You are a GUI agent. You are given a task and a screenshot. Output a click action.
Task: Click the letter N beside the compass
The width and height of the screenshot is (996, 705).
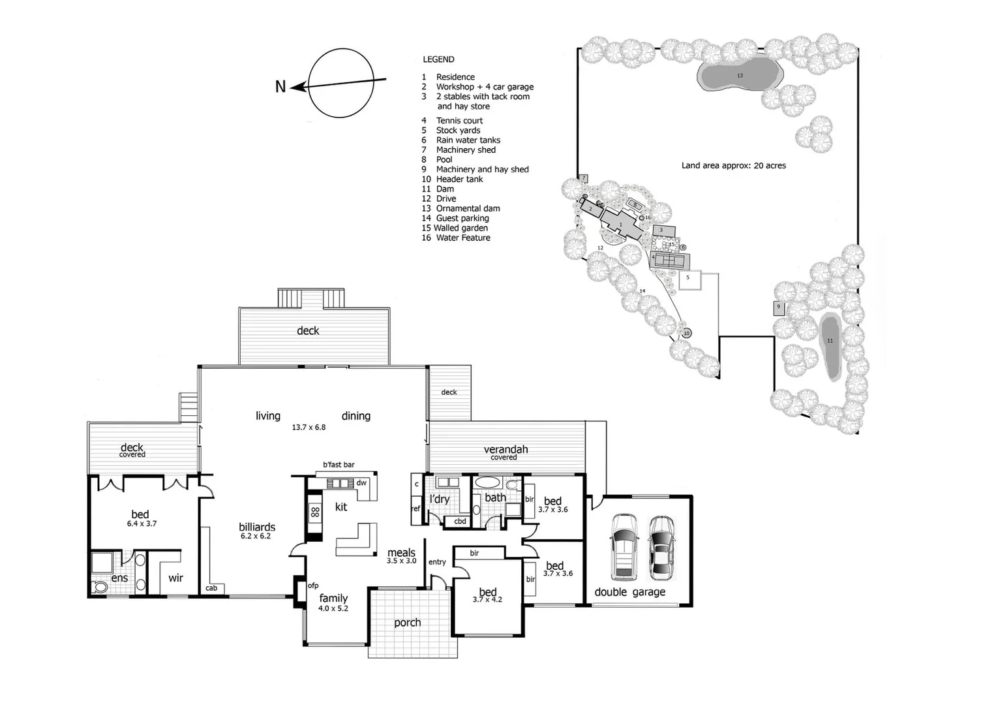click(x=280, y=86)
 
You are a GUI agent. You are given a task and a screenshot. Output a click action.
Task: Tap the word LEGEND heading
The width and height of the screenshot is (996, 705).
click(x=438, y=59)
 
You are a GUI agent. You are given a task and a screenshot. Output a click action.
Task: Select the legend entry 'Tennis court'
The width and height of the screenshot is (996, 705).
click(x=459, y=121)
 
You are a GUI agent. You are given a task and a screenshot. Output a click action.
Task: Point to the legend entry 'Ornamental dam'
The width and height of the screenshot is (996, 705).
click(x=468, y=209)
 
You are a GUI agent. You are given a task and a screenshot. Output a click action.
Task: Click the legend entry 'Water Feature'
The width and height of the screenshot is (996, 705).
click(x=463, y=238)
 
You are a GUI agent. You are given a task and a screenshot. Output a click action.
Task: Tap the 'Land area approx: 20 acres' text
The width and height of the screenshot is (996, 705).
click(x=733, y=166)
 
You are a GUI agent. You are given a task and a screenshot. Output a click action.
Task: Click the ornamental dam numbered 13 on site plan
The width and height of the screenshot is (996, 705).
click(x=739, y=76)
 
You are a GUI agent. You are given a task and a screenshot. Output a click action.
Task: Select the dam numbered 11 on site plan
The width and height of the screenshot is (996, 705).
click(x=830, y=345)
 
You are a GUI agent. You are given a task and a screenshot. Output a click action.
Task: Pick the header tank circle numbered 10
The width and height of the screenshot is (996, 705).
click(x=686, y=334)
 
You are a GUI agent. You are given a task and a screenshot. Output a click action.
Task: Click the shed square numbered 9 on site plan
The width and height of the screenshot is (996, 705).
click(x=778, y=307)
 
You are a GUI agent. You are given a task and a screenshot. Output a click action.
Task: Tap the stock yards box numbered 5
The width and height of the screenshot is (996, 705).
click(x=688, y=279)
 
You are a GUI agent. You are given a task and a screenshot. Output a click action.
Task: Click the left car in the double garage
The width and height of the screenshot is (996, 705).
click(x=624, y=547)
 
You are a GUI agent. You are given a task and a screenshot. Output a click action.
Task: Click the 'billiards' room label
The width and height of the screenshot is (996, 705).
click(x=257, y=527)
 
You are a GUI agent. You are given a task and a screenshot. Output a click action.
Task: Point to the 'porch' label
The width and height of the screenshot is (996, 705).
click(x=408, y=623)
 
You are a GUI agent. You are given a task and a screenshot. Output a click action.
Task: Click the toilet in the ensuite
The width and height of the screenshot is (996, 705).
click(x=100, y=587)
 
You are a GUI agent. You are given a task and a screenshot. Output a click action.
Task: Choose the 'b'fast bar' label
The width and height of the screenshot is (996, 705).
click(x=339, y=465)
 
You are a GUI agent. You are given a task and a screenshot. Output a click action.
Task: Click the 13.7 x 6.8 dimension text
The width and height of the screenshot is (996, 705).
click(x=309, y=428)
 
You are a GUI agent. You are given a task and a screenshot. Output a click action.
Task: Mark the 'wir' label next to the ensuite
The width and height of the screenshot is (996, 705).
click(x=175, y=578)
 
